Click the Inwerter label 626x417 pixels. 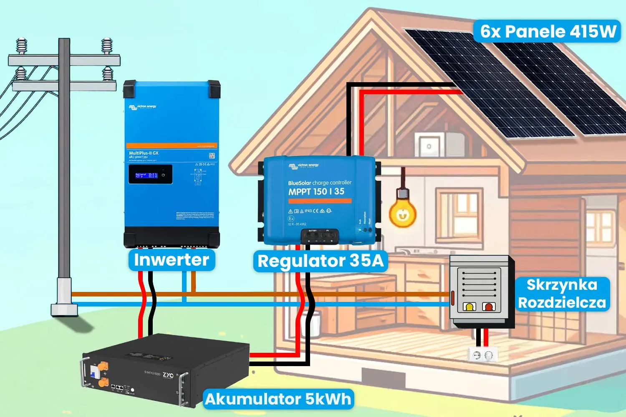click(172, 260)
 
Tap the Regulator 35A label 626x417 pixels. click(320, 261)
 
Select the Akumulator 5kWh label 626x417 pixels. click(278, 399)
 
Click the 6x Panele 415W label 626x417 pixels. click(548, 31)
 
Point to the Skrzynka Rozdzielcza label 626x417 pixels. click(562, 294)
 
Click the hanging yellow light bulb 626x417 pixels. click(402, 212)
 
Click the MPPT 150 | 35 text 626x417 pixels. click(316, 191)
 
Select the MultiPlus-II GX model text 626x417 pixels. click(144, 153)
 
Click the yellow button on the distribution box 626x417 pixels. click(469, 307)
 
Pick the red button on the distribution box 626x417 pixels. click(488, 307)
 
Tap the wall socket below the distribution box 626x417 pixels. click(482, 355)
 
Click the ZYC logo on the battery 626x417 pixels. click(168, 375)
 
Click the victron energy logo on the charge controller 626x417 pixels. click(303, 166)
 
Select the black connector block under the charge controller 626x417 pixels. click(320, 236)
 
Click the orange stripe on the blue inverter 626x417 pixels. click(172, 146)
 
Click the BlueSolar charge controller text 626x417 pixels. click(320, 183)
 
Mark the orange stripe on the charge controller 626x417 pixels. click(320, 201)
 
